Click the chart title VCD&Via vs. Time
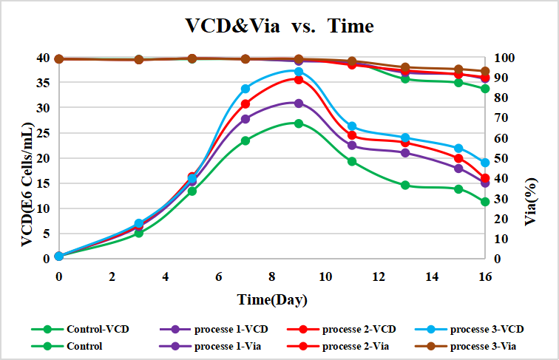(x=279, y=27)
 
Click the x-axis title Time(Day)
(x=271, y=299)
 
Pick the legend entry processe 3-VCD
(x=487, y=328)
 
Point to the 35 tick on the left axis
(x=44, y=83)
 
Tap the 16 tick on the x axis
(x=485, y=276)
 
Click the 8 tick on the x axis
(x=272, y=276)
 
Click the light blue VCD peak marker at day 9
(x=299, y=72)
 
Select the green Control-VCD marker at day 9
(x=299, y=123)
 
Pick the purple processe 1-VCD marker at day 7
(x=245, y=119)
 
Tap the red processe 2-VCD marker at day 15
(x=458, y=158)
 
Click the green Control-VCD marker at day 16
(x=485, y=202)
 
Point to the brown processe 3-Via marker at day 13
(x=405, y=67)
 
